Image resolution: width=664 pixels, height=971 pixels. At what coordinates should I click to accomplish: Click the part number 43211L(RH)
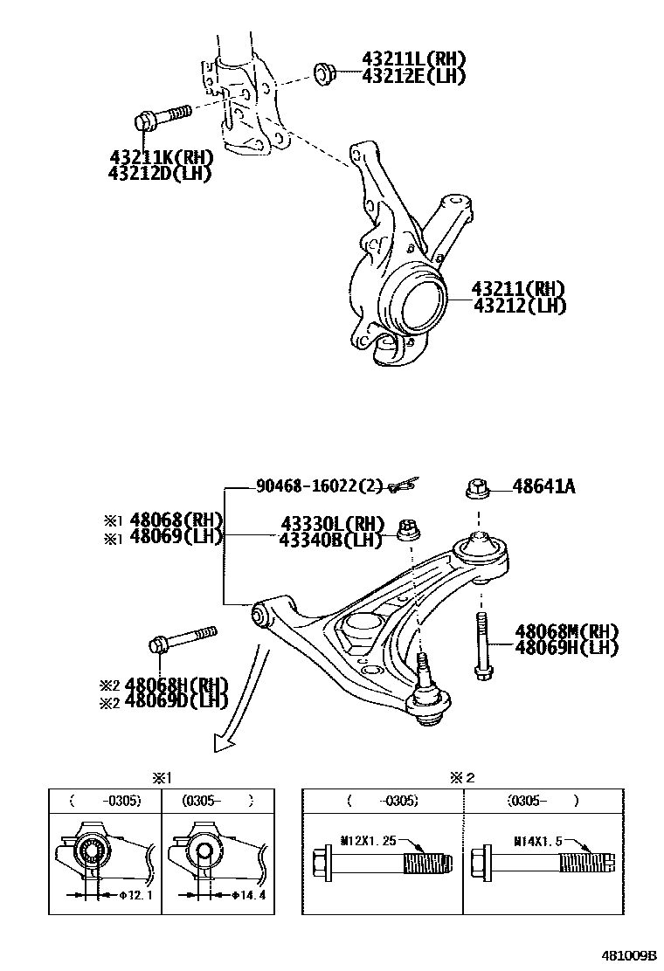[413, 59]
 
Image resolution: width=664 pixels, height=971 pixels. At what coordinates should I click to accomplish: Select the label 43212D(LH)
[161, 173]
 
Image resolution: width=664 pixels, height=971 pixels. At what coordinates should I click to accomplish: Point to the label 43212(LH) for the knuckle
[519, 306]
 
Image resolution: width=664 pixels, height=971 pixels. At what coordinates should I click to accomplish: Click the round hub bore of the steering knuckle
[419, 308]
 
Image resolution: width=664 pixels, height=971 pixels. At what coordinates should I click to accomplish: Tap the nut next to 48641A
[476, 489]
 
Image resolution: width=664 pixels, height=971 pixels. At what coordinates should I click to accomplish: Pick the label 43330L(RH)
[332, 524]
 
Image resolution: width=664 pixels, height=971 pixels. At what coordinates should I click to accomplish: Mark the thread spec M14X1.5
[537, 841]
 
